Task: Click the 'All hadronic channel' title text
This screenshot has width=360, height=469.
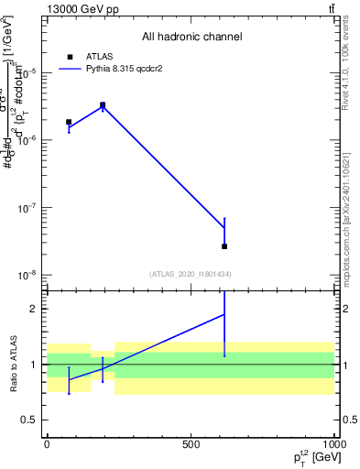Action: (x=191, y=37)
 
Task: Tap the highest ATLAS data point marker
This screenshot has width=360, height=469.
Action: (x=103, y=105)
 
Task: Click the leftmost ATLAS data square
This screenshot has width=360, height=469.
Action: (x=69, y=122)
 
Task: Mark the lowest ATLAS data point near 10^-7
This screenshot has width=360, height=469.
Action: (x=224, y=246)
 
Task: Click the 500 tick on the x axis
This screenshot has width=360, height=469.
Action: (x=191, y=444)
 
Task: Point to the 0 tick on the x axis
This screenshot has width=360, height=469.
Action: (x=47, y=444)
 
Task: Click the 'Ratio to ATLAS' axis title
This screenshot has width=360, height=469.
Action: (x=12, y=364)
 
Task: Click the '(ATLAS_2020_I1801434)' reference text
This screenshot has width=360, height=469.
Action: (x=191, y=274)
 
